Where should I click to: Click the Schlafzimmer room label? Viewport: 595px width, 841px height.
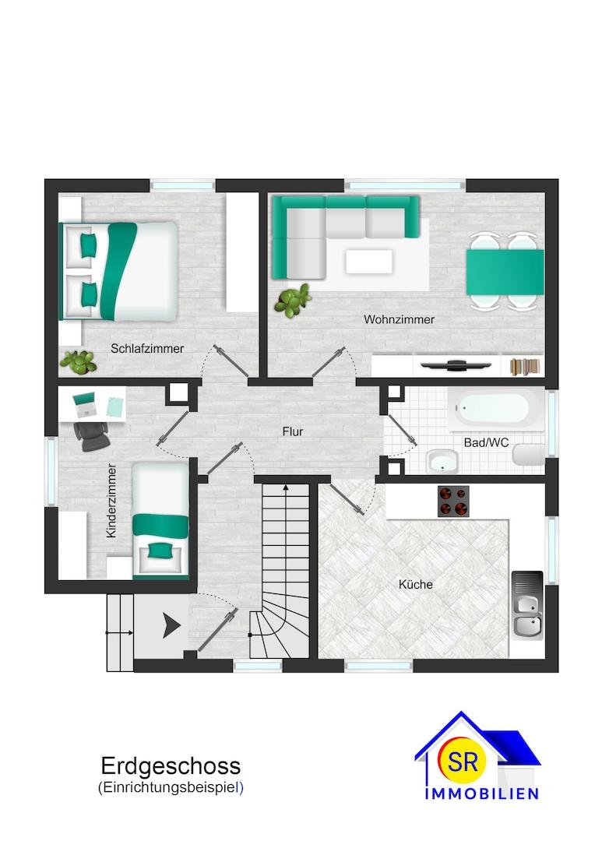(x=147, y=349)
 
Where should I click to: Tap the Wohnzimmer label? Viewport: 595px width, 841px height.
(x=400, y=320)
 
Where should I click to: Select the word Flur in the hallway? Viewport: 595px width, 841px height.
(x=293, y=431)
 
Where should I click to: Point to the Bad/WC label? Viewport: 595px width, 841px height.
(x=486, y=442)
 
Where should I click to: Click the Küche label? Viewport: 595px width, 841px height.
(x=415, y=584)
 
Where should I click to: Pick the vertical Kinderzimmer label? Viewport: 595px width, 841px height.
(x=111, y=501)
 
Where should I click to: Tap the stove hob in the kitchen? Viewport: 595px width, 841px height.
(x=453, y=501)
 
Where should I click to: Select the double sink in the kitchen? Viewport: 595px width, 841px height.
(x=527, y=605)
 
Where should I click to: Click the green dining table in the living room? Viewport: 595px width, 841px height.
(x=505, y=272)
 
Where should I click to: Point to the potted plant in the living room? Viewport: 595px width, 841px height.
(x=293, y=300)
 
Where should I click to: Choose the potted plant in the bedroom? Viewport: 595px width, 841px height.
(x=79, y=362)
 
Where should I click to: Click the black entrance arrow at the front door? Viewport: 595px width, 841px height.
(x=171, y=626)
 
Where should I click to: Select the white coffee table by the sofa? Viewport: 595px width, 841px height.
(x=369, y=262)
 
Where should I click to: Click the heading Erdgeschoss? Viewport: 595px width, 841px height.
(x=171, y=766)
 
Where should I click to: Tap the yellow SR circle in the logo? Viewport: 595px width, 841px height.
(x=463, y=761)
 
